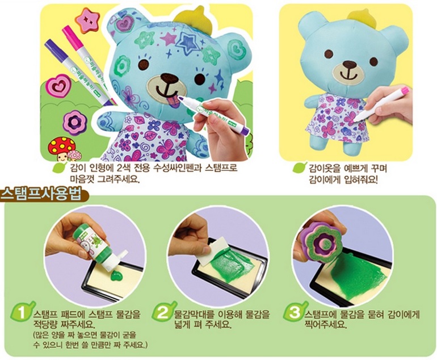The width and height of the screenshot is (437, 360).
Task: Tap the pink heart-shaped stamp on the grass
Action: click(x=57, y=86)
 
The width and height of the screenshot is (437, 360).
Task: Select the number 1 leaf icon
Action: click(x=22, y=313)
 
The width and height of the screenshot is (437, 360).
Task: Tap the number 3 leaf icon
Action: click(x=293, y=313)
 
